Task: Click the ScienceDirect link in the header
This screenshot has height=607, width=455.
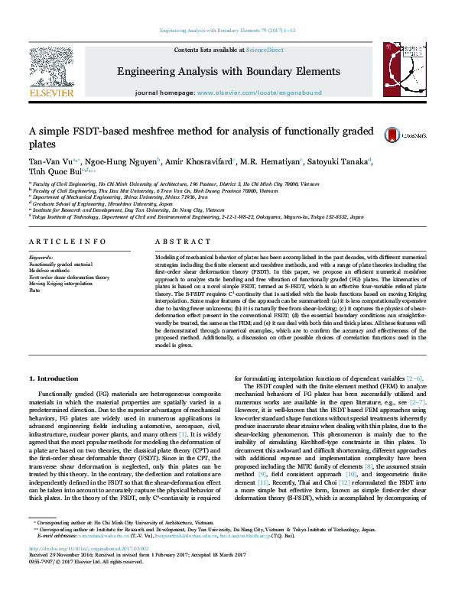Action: pyautogui.click(x=264, y=50)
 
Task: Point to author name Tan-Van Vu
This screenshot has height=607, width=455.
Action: pyautogui.click(x=50, y=161)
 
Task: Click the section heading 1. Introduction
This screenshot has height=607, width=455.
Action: pyautogui.click(x=54, y=379)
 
